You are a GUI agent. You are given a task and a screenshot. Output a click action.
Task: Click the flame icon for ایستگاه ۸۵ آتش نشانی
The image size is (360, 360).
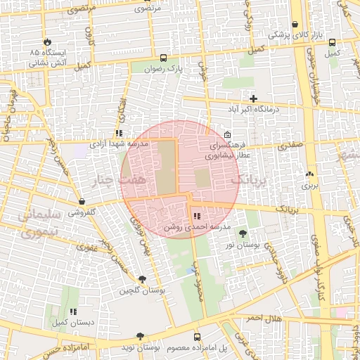(x=47, y=41)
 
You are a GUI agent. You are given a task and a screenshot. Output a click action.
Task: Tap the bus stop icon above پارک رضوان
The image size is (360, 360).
(x=164, y=58)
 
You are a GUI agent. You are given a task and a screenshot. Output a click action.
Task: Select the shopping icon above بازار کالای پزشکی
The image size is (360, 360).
(x=295, y=24)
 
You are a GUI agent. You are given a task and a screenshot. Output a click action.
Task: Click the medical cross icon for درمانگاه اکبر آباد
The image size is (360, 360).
(x=253, y=98)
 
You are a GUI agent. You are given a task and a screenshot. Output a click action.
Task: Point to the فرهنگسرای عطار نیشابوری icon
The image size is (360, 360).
(x=226, y=135)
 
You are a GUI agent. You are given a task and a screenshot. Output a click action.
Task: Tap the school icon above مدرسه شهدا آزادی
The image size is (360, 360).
(x=119, y=132)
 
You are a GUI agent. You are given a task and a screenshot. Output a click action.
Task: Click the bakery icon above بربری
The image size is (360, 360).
(x=310, y=174)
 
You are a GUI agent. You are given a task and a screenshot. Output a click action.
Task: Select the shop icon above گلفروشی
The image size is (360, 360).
(x=82, y=201)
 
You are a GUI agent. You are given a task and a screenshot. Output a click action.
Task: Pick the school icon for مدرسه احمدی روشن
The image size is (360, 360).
(x=195, y=216)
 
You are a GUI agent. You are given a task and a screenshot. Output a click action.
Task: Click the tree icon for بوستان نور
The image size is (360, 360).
(x=243, y=233)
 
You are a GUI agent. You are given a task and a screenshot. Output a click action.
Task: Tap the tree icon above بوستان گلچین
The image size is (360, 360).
(x=142, y=279)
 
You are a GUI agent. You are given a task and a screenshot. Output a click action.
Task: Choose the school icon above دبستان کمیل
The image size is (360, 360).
(x=72, y=311)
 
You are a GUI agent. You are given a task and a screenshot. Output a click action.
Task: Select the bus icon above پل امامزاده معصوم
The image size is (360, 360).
(x=197, y=337)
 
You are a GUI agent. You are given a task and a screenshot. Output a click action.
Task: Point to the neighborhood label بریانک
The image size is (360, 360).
(x=250, y=181)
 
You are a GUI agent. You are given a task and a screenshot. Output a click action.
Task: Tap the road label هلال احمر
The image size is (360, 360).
(x=264, y=318)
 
